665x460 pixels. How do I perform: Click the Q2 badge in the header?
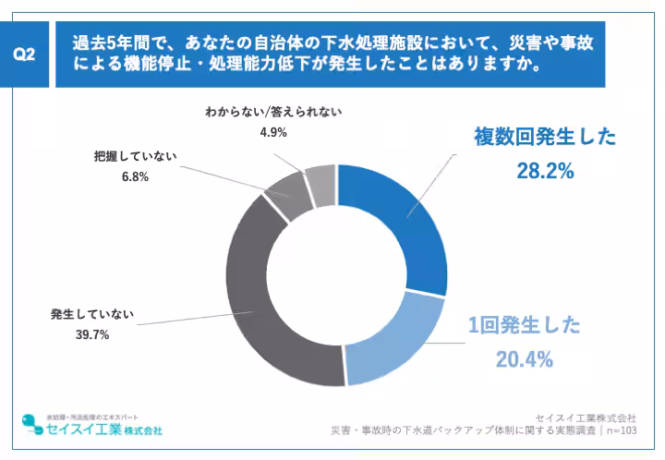(27, 54)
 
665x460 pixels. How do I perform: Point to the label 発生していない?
(92, 315)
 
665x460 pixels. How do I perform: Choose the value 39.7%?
(92, 334)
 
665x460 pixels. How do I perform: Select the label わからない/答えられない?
(274, 112)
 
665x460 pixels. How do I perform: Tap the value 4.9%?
(274, 132)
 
